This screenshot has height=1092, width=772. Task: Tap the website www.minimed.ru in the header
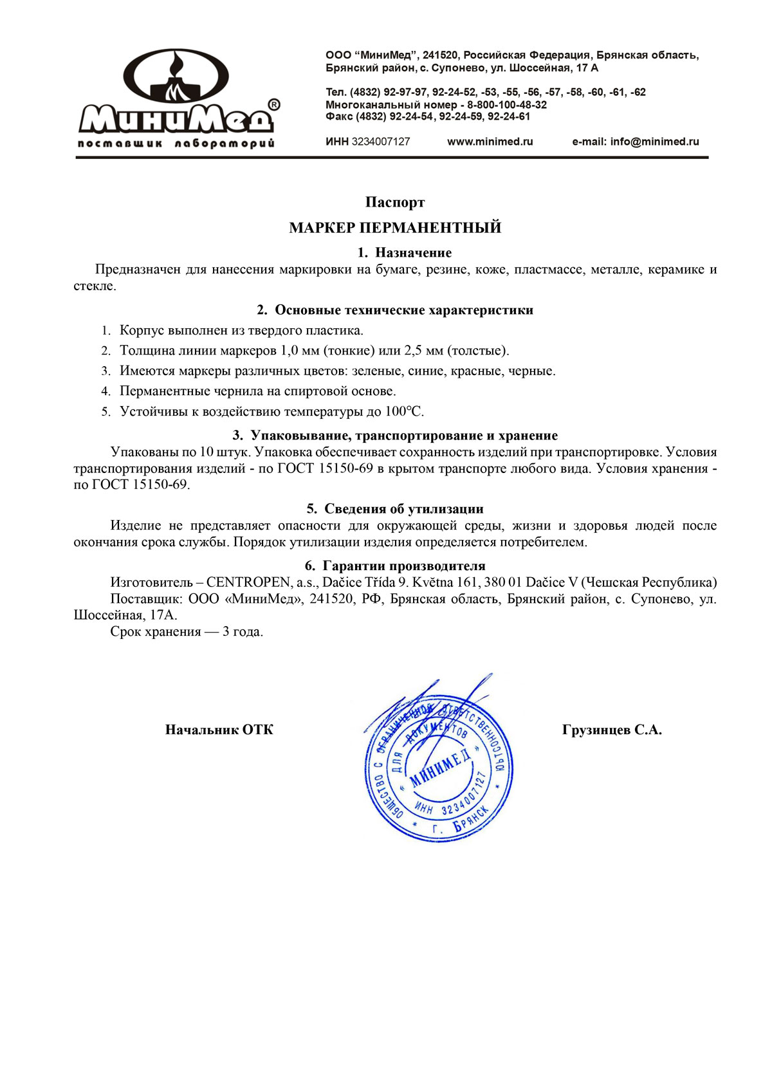pos(490,142)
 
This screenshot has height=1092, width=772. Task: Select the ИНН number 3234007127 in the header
pos(380,142)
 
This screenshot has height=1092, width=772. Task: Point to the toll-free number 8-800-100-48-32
pos(507,104)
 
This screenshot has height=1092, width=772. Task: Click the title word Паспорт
pos(395,203)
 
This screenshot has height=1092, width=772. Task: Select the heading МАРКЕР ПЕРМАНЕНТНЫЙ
pos(395,228)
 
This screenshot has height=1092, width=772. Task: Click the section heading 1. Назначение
pos(405,253)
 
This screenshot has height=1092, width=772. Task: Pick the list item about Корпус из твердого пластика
pos(241,331)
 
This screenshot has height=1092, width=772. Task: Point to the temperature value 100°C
pos(404,411)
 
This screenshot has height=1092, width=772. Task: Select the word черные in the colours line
pos(531,371)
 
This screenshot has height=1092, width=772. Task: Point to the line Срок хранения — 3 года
pos(187,631)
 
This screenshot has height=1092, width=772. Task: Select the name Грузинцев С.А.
pos(612,730)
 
